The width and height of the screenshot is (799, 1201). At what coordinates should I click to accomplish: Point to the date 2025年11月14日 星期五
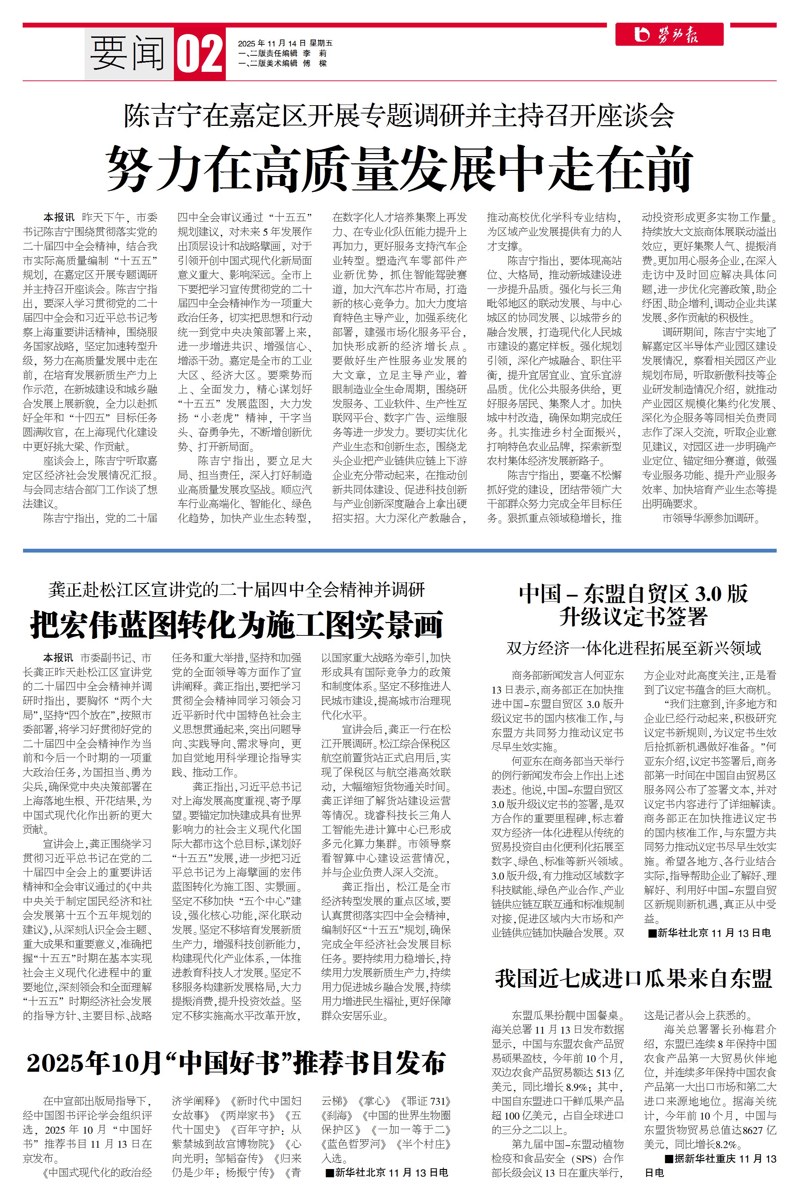pyautogui.click(x=285, y=43)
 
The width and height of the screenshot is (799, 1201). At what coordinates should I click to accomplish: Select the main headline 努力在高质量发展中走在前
pyautogui.click(x=399, y=168)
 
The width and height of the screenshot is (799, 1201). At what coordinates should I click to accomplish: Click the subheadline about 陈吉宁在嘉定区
pyautogui.click(x=399, y=116)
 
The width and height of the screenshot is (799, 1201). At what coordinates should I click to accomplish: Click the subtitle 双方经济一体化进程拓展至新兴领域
pyautogui.click(x=633, y=648)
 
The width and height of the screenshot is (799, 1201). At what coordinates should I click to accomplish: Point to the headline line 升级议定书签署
pyautogui.click(x=633, y=617)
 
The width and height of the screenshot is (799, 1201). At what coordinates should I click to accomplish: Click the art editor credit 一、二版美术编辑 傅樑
pyautogui.click(x=282, y=64)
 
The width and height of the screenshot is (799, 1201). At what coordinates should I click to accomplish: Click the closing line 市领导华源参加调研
pyautogui.click(x=711, y=519)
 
